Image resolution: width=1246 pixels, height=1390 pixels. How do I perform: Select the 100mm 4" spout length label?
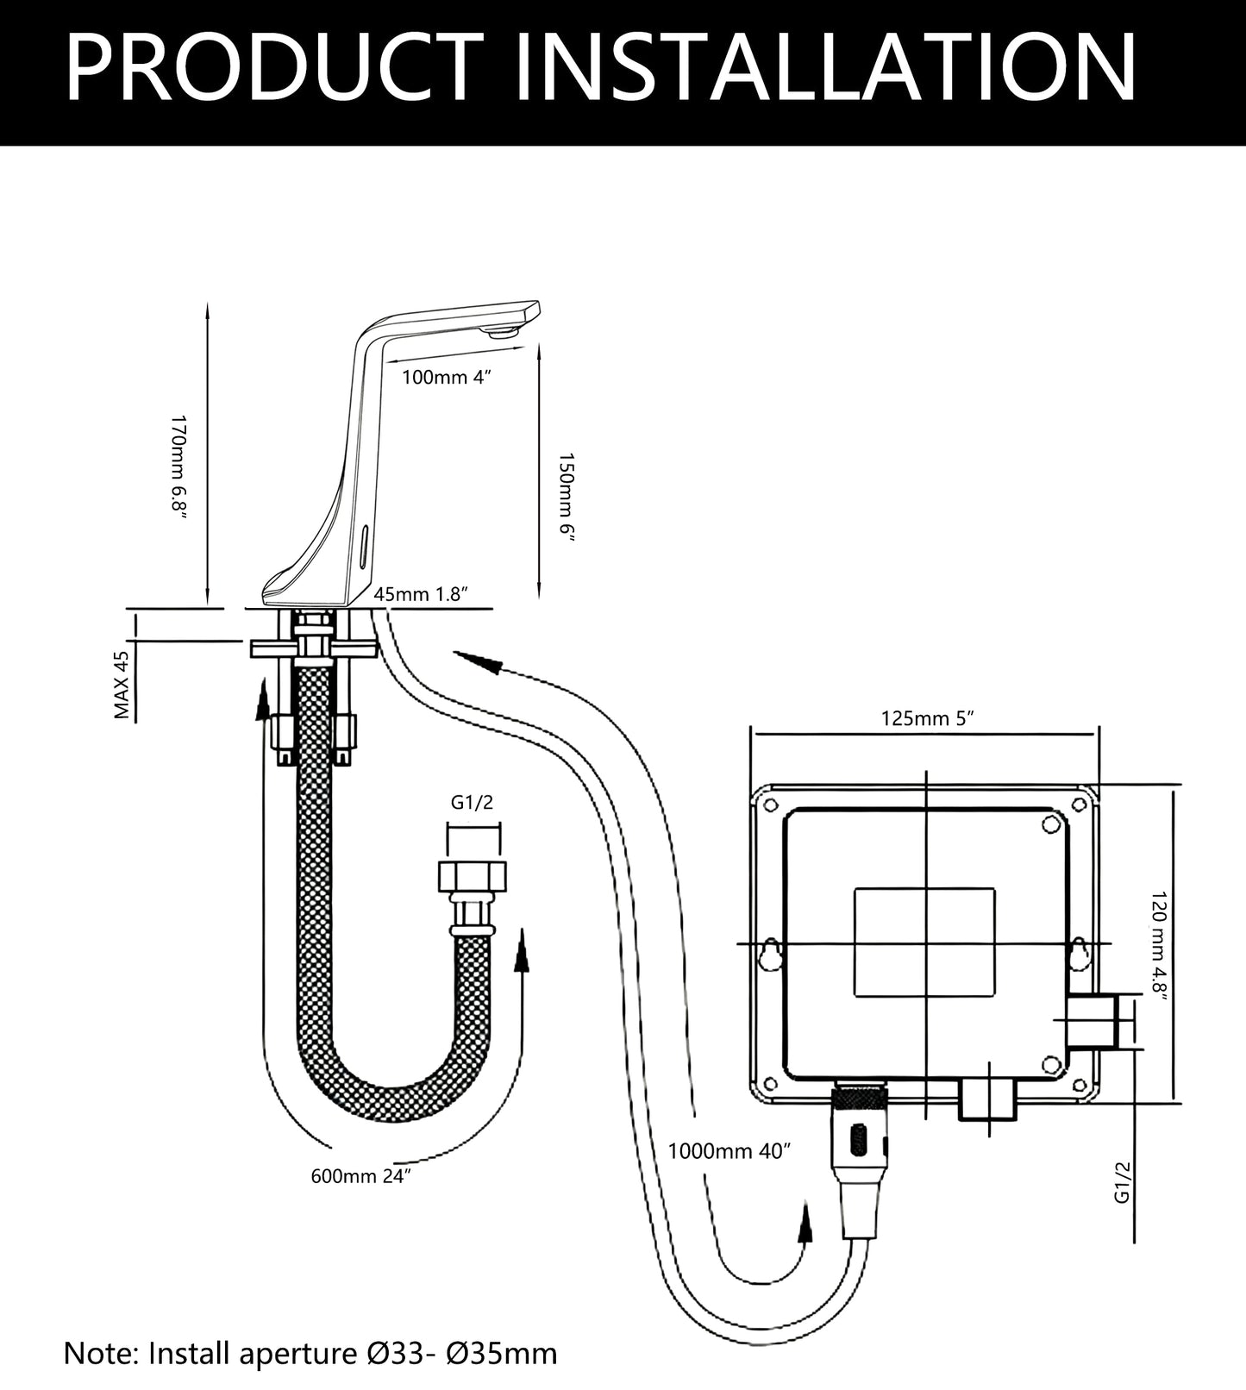(447, 377)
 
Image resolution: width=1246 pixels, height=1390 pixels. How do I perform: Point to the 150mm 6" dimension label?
(566, 498)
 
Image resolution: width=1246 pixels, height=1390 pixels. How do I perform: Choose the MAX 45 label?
(122, 686)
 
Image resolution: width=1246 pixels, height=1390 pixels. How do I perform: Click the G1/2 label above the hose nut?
(473, 804)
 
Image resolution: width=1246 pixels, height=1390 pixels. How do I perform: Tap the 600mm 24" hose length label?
(360, 1176)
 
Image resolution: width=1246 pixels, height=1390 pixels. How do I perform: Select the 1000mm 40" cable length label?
(729, 1151)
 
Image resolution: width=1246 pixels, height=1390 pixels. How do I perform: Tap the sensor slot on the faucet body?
(363, 543)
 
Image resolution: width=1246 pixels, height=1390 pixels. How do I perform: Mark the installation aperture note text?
(310, 1353)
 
